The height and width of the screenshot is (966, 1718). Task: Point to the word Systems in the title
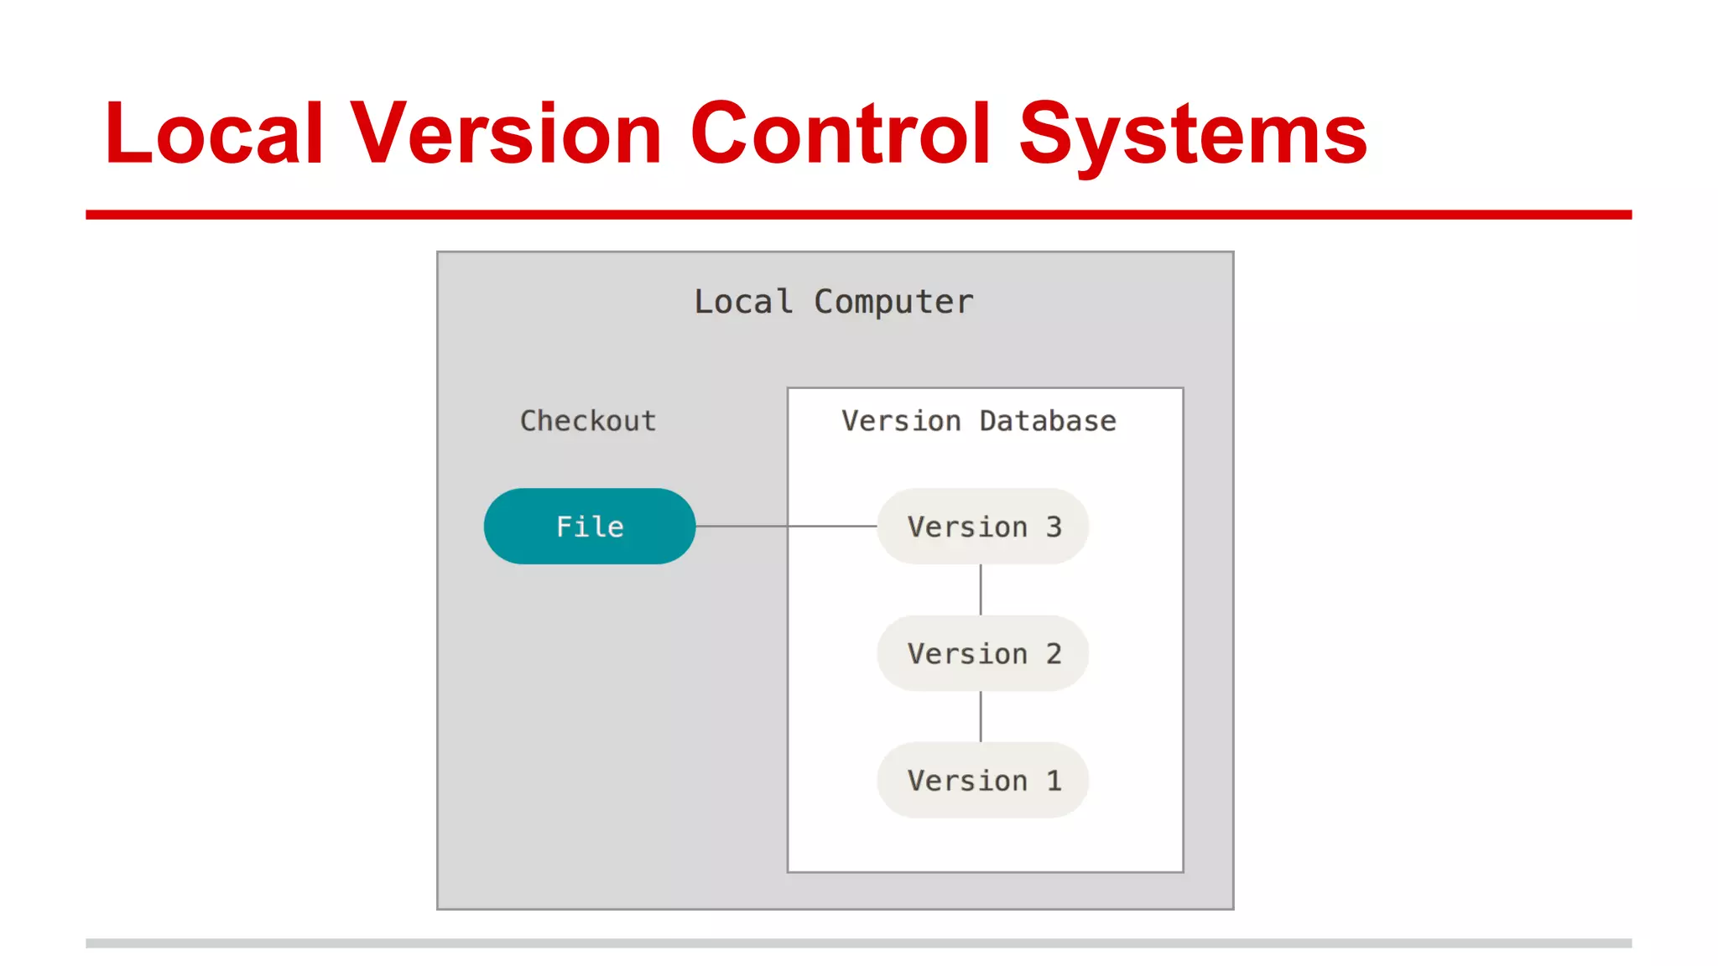click(x=1193, y=134)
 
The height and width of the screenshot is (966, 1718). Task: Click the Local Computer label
click(x=834, y=302)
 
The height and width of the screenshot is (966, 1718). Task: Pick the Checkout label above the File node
click(x=588, y=421)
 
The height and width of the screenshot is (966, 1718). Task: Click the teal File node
click(x=589, y=527)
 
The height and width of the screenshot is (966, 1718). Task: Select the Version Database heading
click(x=979, y=421)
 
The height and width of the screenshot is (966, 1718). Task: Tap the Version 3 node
click(x=983, y=527)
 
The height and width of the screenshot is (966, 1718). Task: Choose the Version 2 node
click(x=983, y=653)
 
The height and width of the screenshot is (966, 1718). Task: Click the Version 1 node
click(x=983, y=781)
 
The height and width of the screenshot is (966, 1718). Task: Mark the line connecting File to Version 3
click(x=785, y=527)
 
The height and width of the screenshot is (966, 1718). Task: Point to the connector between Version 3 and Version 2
click(x=981, y=589)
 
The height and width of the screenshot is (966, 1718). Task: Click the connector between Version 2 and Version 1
click(x=981, y=716)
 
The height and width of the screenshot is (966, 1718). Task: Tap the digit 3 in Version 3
click(x=1054, y=527)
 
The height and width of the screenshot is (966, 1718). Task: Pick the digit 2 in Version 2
click(x=1054, y=654)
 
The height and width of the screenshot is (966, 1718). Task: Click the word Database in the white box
click(x=1048, y=421)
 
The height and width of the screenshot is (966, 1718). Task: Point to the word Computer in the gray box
click(x=893, y=302)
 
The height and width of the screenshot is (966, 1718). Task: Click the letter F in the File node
click(x=565, y=527)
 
